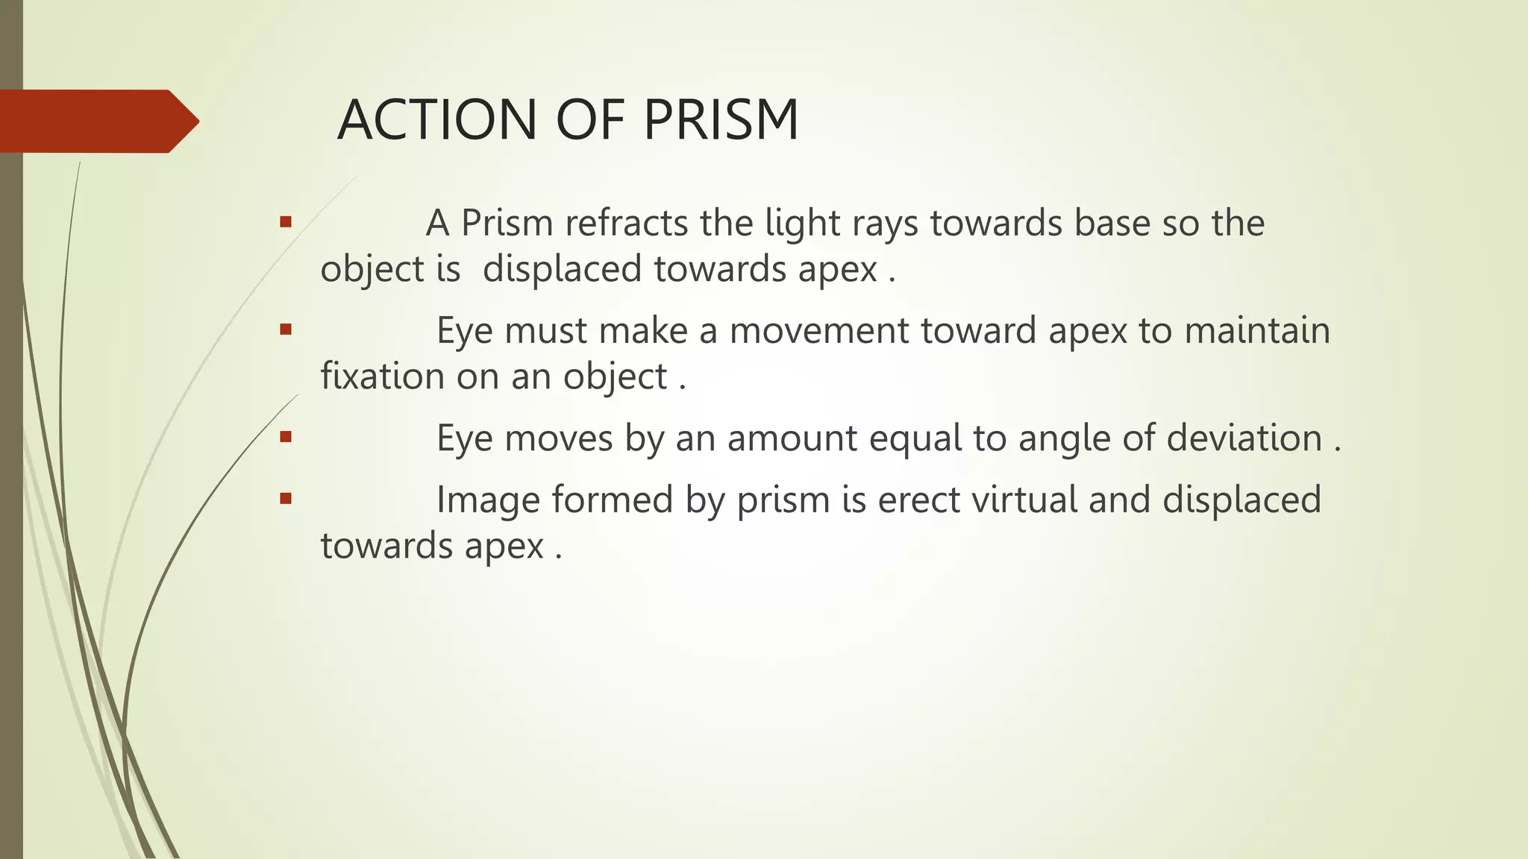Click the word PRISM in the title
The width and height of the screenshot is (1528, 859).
pyautogui.click(x=721, y=120)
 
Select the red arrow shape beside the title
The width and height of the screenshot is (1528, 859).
pyautogui.click(x=97, y=121)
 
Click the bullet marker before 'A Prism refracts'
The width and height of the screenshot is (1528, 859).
pyautogui.click(x=285, y=221)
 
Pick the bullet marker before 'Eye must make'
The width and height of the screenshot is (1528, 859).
pyautogui.click(x=285, y=329)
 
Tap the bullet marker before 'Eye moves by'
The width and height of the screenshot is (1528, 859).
pyautogui.click(x=285, y=436)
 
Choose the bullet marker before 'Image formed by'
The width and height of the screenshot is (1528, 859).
pyautogui.click(x=285, y=498)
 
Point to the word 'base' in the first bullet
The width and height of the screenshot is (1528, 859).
pyautogui.click(x=1112, y=223)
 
